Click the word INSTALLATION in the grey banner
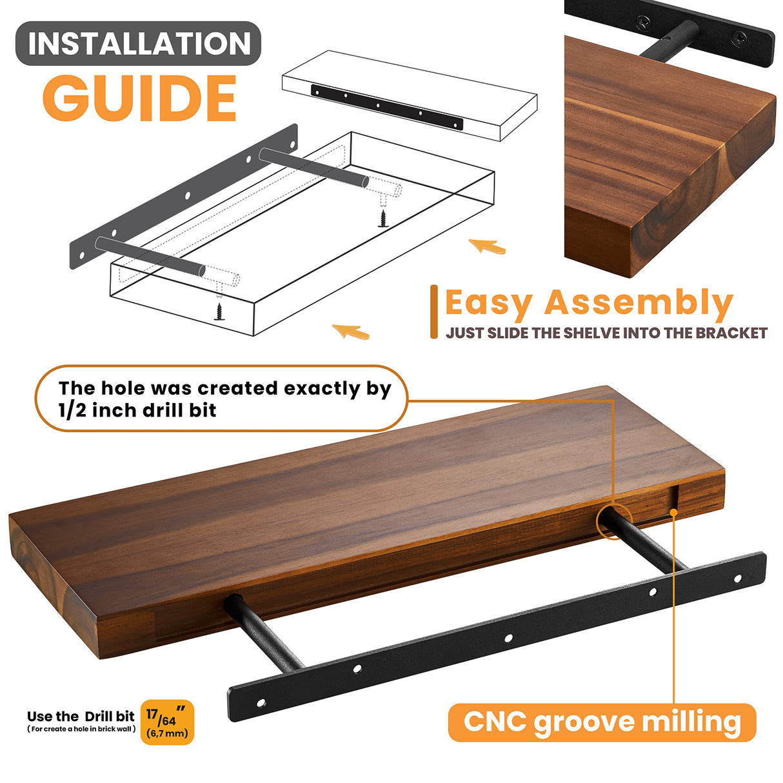pyautogui.click(x=139, y=43)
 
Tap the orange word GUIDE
pyautogui.click(x=139, y=98)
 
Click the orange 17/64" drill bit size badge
pyautogui.click(x=168, y=722)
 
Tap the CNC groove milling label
pyautogui.click(x=602, y=722)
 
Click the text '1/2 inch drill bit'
pyautogui.click(x=137, y=410)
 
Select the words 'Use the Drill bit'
pyautogui.click(x=81, y=715)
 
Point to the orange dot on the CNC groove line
pyautogui.click(x=674, y=513)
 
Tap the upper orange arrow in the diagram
pyautogui.click(x=487, y=246)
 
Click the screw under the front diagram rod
pyautogui.click(x=219, y=312)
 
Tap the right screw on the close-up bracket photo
pyautogui.click(x=738, y=39)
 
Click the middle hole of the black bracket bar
pyautogui.click(x=508, y=639)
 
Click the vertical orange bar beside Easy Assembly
pyautogui.click(x=434, y=312)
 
